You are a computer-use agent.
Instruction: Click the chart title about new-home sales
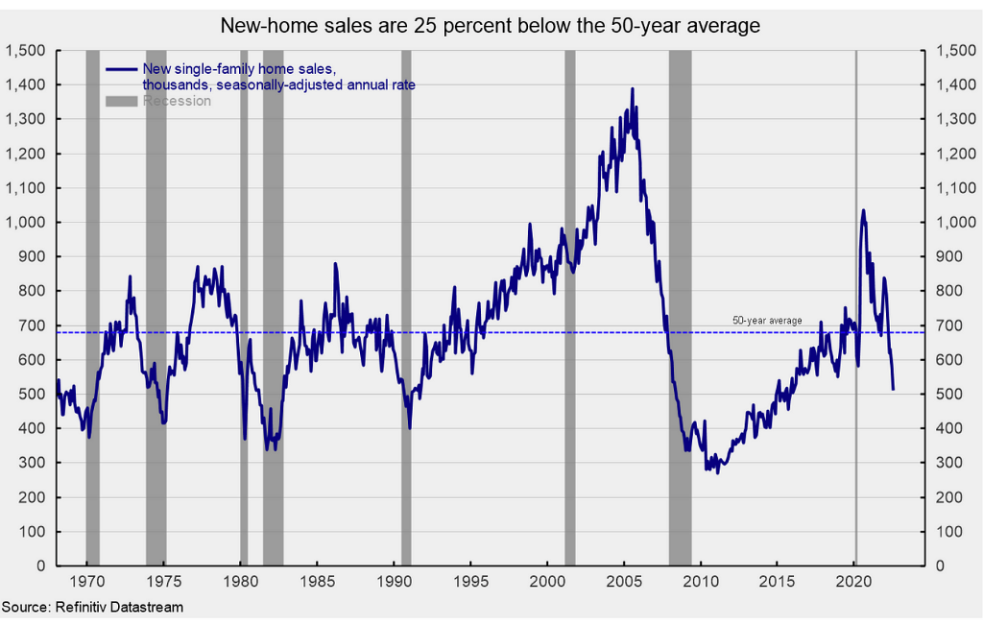tap(491, 26)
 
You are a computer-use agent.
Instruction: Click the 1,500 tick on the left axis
tap(28, 51)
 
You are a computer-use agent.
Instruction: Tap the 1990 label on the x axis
tap(395, 581)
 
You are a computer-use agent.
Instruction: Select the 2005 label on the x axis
tap(624, 581)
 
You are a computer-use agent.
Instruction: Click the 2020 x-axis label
tap(854, 581)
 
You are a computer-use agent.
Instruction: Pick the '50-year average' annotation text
tap(767, 321)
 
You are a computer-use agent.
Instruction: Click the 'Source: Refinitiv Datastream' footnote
tap(92, 607)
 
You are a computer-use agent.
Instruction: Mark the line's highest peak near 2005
tap(632, 89)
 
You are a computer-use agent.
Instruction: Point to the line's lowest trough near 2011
tap(717, 472)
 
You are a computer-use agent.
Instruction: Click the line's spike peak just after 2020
tap(863, 210)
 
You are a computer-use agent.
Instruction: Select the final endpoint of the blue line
tap(894, 389)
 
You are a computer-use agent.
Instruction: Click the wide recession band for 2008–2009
tap(680, 307)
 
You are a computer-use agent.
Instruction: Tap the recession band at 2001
tap(569, 307)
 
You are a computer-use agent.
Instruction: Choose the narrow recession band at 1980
tap(244, 307)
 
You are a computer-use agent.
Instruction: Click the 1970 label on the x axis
tap(87, 581)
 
